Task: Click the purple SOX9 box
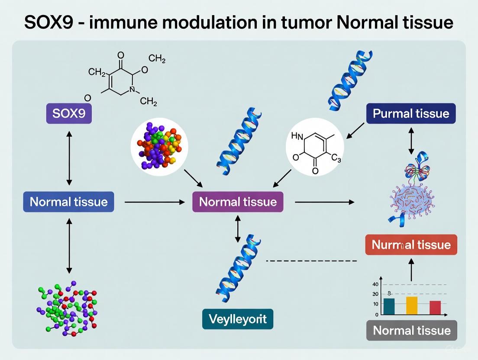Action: coord(69,113)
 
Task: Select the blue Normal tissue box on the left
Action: coord(68,202)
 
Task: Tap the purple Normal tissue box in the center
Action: coord(238,202)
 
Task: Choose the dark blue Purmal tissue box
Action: coord(411,113)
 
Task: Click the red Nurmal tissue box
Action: coord(411,244)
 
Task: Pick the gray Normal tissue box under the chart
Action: coord(412,331)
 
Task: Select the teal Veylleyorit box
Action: coord(238,319)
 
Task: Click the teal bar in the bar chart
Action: coord(389,306)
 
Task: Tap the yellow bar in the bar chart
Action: coord(412,305)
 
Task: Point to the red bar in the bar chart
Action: coord(435,307)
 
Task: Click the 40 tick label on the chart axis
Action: coord(375,284)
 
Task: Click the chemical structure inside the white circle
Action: coord(315,147)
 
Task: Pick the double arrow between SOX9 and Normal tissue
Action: coord(69,158)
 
